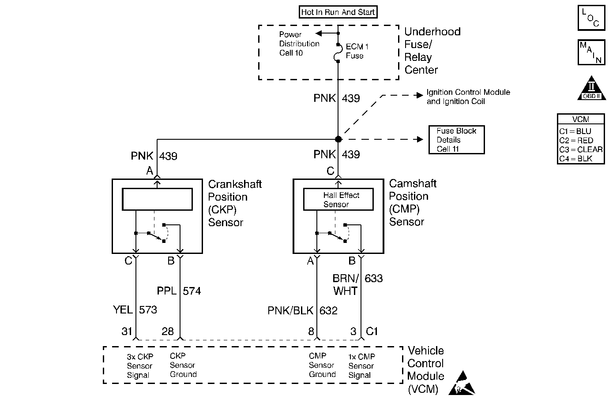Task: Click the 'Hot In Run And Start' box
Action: click(x=338, y=12)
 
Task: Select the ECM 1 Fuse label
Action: click(x=357, y=51)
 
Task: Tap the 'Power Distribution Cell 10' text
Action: click(x=299, y=44)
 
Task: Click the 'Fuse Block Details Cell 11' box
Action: click(x=456, y=140)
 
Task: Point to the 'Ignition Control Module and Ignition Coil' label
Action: click(x=468, y=97)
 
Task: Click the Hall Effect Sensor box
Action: click(x=338, y=200)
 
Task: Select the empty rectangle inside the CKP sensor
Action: click(x=157, y=199)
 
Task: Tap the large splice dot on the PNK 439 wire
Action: click(x=338, y=139)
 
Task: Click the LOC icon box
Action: click(x=591, y=18)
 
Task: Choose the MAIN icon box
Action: click(x=591, y=52)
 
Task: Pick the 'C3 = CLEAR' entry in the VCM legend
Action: click(x=581, y=149)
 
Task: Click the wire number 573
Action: click(x=148, y=310)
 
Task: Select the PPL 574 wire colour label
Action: click(x=166, y=291)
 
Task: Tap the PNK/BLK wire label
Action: click(x=290, y=311)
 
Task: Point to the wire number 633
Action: click(x=374, y=279)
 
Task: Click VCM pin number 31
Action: click(x=127, y=331)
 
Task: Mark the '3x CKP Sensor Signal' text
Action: click(x=139, y=366)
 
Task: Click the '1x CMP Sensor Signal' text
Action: click(x=361, y=366)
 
